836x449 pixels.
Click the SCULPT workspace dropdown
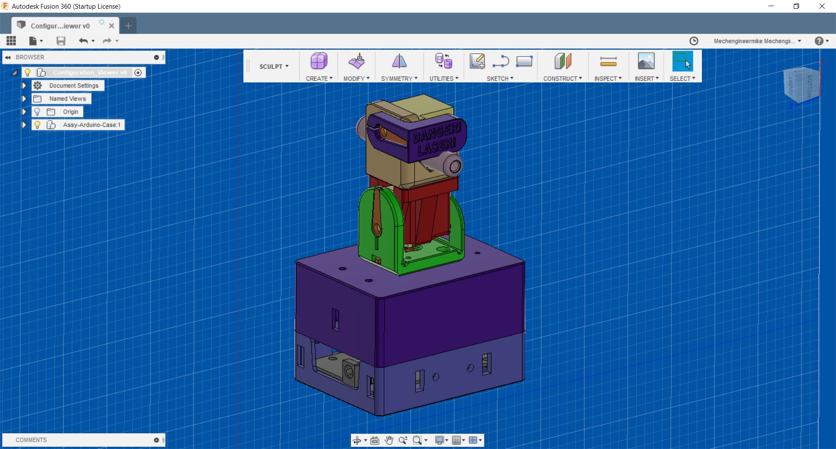tap(274, 66)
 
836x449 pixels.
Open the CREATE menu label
tap(319, 78)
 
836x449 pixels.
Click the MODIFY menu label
tap(356, 78)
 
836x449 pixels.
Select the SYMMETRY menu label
tap(399, 78)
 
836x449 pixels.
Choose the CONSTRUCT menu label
tap(562, 78)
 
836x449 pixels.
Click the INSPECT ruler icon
tap(608, 61)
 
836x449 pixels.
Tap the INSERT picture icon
tap(646, 61)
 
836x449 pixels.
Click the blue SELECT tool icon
tap(682, 61)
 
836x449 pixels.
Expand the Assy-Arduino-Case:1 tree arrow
tap(24, 125)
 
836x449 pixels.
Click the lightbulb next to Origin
tap(37, 112)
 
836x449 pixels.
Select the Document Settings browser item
tap(74, 86)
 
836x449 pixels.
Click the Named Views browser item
tap(67, 99)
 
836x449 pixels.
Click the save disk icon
tap(61, 41)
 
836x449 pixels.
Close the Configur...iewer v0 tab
tap(111, 26)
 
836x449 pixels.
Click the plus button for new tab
tap(128, 26)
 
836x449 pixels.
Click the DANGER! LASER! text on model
tap(436, 139)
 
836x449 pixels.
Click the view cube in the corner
tap(801, 85)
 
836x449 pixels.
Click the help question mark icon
tap(819, 41)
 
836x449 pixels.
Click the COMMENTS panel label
tap(31, 440)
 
